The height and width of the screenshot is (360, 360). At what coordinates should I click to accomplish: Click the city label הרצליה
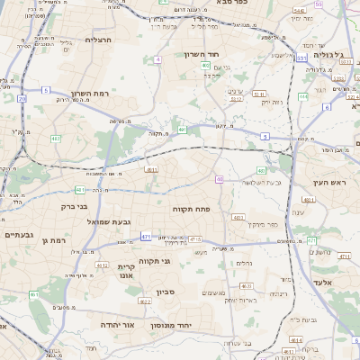[97, 40]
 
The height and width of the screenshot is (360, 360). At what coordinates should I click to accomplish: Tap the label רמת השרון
[88, 93]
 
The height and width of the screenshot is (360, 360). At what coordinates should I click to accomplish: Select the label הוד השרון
[214, 55]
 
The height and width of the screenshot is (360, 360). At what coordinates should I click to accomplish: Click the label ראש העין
[329, 183]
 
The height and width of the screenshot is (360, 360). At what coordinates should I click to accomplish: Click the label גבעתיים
[18, 235]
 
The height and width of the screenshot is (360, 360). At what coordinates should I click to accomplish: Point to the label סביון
[165, 291]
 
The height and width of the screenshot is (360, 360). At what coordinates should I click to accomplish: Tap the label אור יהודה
[115, 324]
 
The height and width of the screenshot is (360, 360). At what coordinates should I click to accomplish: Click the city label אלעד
[322, 283]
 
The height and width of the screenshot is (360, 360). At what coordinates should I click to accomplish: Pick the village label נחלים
[242, 263]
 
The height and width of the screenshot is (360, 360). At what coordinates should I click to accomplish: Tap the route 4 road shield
[157, 59]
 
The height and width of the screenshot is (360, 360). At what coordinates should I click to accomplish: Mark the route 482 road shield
[56, 139]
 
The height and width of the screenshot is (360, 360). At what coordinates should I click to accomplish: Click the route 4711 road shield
[344, 256]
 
